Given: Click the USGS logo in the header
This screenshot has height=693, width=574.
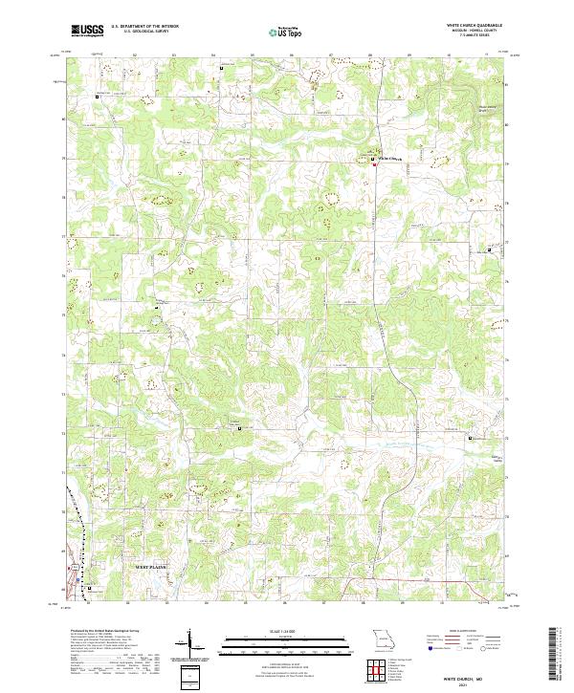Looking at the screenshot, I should pyautogui.click(x=88, y=31).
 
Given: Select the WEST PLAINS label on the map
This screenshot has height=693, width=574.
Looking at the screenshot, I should pyautogui.click(x=149, y=567).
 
